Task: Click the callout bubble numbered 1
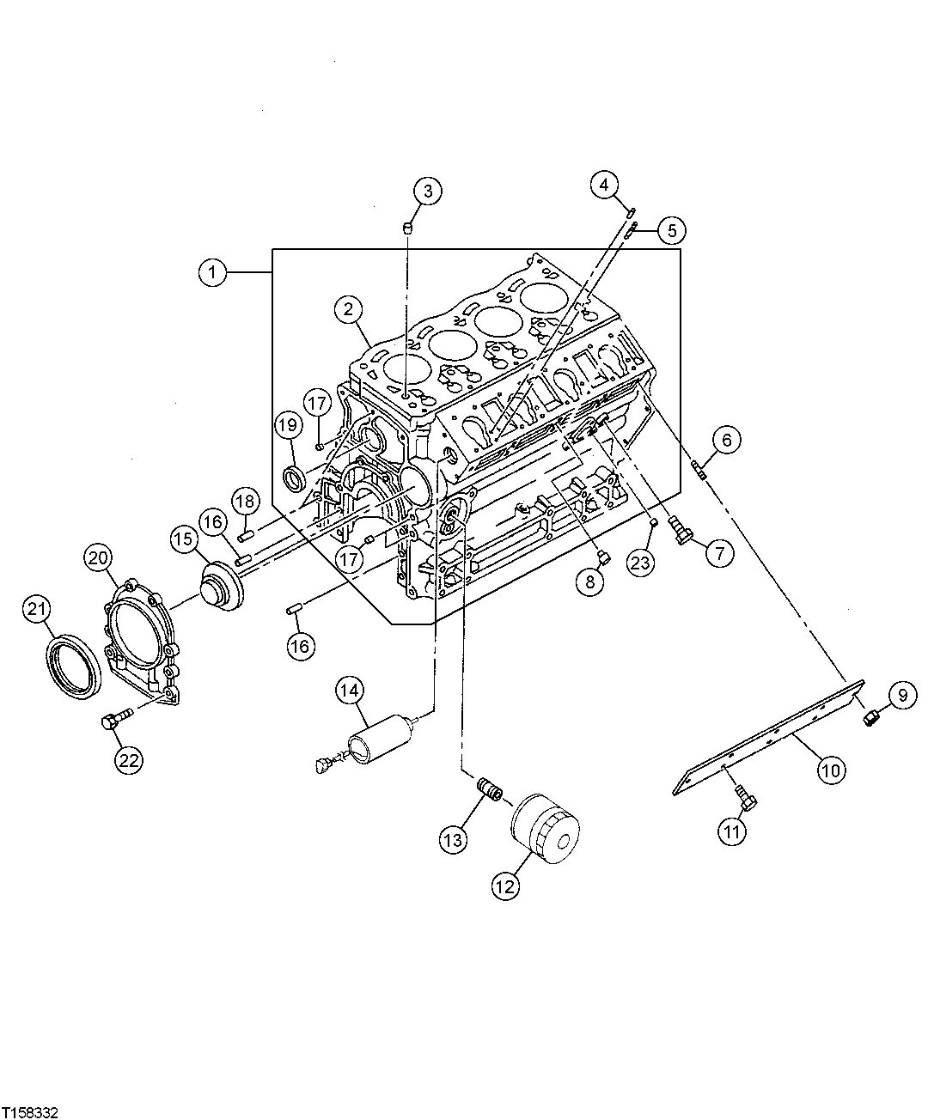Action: pyautogui.click(x=212, y=272)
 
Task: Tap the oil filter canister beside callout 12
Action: pyautogui.click(x=546, y=827)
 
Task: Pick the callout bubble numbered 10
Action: pyautogui.click(x=829, y=770)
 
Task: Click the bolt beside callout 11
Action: pyautogui.click(x=746, y=800)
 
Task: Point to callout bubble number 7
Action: pyautogui.click(x=720, y=552)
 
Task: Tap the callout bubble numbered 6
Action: pyautogui.click(x=726, y=441)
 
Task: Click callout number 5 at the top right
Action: pyautogui.click(x=672, y=229)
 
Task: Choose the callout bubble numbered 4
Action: pyautogui.click(x=605, y=184)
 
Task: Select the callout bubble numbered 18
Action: pyautogui.click(x=246, y=500)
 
